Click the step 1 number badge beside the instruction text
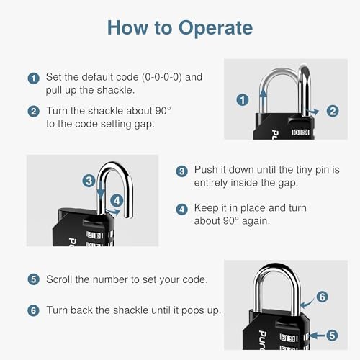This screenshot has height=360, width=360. (33, 78)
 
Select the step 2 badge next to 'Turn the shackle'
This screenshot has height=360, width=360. (33, 112)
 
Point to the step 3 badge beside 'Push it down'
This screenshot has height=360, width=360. (182, 171)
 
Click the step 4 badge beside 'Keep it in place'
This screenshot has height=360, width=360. (182, 208)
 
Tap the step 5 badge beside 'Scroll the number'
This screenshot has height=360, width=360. (33, 279)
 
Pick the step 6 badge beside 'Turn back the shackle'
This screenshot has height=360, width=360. (33, 310)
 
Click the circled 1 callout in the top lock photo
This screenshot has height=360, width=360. (243, 100)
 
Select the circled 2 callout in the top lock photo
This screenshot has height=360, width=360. (332, 111)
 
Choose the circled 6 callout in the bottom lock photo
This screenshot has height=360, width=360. (323, 296)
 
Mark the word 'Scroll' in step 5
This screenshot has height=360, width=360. (60, 279)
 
